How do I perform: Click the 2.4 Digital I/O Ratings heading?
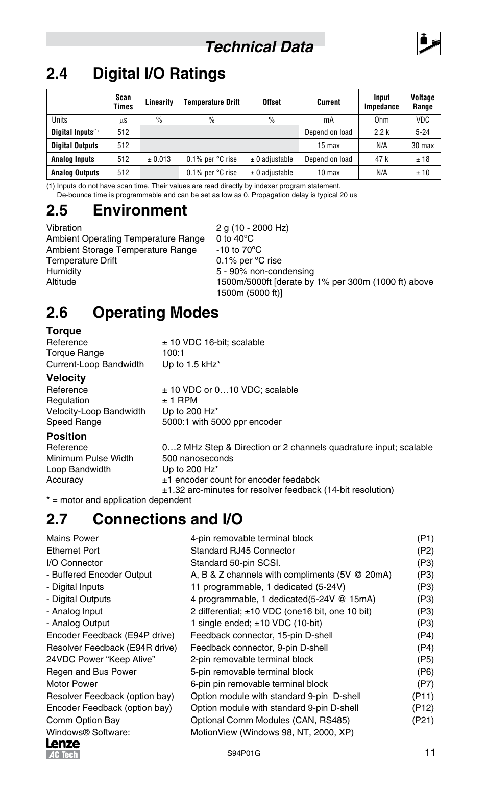point(136,74)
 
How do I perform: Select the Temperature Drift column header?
point(211,102)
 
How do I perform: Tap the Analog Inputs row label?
point(72,159)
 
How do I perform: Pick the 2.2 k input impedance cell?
point(381,132)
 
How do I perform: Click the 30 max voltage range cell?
point(422,146)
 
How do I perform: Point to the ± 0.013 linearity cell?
point(159,159)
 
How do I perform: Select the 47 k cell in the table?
point(381,159)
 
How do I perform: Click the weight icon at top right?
point(428,43)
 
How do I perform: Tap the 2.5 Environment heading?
point(116,210)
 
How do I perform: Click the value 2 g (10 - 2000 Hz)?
point(252,228)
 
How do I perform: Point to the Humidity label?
point(64,271)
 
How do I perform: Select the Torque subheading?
point(64,331)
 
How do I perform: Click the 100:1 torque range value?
point(174,353)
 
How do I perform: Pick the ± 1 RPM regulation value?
point(180,400)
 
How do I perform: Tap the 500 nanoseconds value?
point(198,458)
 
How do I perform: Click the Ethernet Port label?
point(73,551)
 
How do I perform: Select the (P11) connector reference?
point(423,696)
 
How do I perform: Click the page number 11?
point(429,752)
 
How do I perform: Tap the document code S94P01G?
point(243,754)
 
